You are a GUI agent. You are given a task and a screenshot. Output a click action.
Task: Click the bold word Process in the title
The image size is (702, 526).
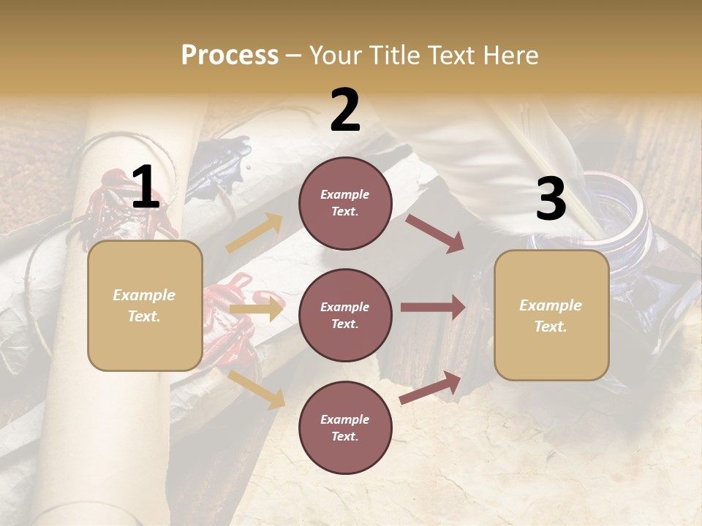(x=230, y=55)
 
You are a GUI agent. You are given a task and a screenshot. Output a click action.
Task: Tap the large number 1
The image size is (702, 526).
(x=146, y=188)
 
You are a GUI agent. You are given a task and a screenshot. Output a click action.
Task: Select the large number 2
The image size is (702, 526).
(x=345, y=110)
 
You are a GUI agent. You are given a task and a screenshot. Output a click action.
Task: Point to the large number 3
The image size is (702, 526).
(x=551, y=199)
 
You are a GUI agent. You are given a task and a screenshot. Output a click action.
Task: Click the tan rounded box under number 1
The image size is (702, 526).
(x=145, y=305)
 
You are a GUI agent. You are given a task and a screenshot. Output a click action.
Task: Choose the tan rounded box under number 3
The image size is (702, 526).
(x=551, y=315)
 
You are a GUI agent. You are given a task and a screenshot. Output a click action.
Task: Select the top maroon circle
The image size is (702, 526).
(x=345, y=203)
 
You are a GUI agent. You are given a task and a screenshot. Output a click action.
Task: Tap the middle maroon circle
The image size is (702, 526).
(x=345, y=315)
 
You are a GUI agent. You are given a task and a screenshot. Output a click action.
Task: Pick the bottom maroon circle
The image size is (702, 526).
(x=345, y=427)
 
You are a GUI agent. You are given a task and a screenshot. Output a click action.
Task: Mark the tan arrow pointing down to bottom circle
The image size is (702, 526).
(x=257, y=389)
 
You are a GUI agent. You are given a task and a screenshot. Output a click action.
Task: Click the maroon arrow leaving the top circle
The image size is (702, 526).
(x=436, y=234)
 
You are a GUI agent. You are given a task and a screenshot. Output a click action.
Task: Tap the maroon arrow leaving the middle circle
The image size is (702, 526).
(x=433, y=307)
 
